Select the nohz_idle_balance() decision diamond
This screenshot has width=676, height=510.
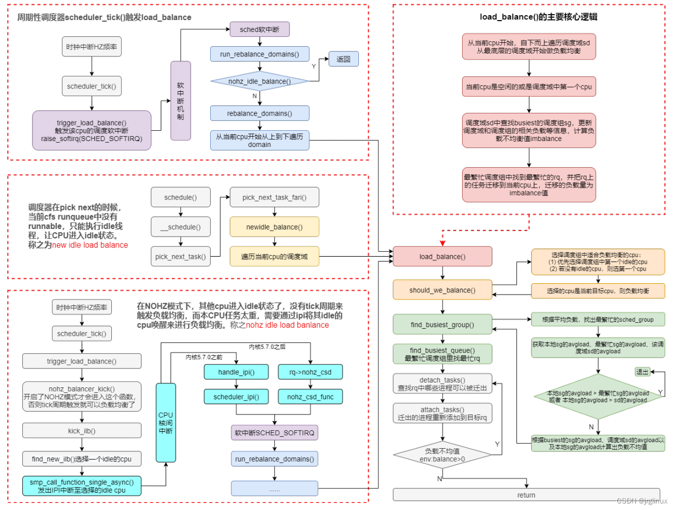coord(260,81)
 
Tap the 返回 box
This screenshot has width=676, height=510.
coord(343,59)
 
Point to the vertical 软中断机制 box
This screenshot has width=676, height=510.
coord(181,100)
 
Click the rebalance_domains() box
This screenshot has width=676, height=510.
coord(260,113)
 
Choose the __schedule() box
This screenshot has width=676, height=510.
coord(180,227)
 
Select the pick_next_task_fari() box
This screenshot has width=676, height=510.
coord(274,197)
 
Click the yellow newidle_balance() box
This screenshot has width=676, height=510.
coord(274,227)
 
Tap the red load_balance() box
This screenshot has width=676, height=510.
coord(442,255)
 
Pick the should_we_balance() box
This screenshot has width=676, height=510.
coord(442,290)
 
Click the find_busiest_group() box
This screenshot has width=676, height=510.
coord(442,324)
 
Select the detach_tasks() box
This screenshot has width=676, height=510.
coord(442,383)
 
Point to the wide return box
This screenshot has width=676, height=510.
coord(526,494)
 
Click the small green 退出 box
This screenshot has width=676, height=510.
coord(642,372)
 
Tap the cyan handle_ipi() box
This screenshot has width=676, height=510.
coord(236,372)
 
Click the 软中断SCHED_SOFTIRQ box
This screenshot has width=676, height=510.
coord(274,432)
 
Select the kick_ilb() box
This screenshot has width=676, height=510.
coord(81,430)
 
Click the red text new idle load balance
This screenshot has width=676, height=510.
coord(90,245)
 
